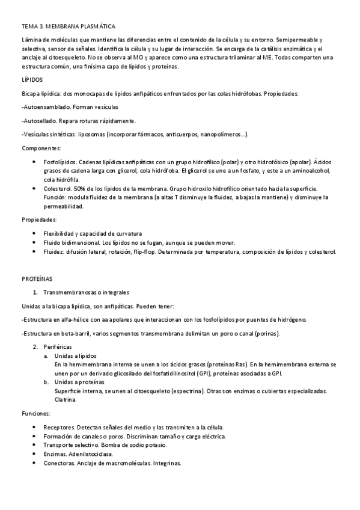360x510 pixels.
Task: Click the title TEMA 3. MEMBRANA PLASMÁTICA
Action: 69,27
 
